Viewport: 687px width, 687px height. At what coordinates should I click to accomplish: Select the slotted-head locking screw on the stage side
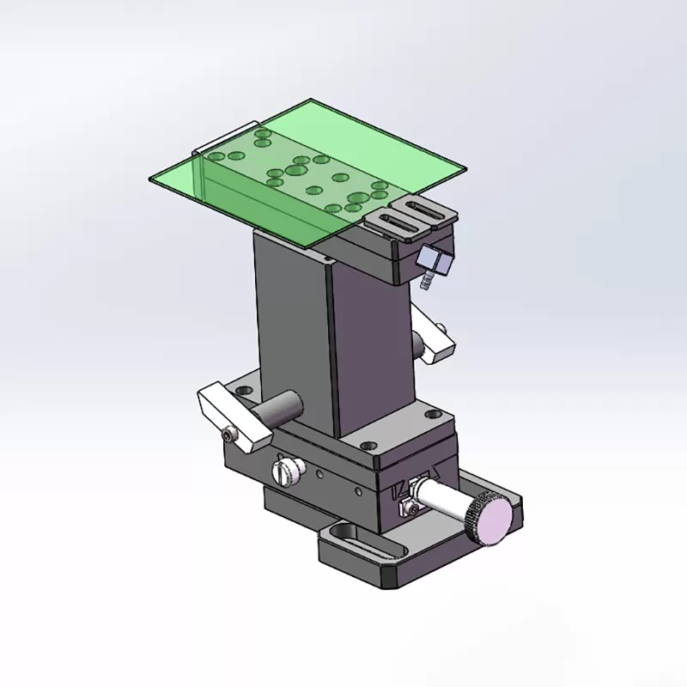[287, 471]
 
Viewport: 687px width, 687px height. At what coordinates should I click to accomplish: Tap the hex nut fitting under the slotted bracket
[435, 259]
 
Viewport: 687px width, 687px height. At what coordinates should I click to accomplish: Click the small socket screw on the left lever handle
[228, 435]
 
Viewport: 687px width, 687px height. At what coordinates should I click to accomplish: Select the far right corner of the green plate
[463, 168]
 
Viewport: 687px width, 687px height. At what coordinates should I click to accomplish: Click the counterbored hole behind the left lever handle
[244, 392]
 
